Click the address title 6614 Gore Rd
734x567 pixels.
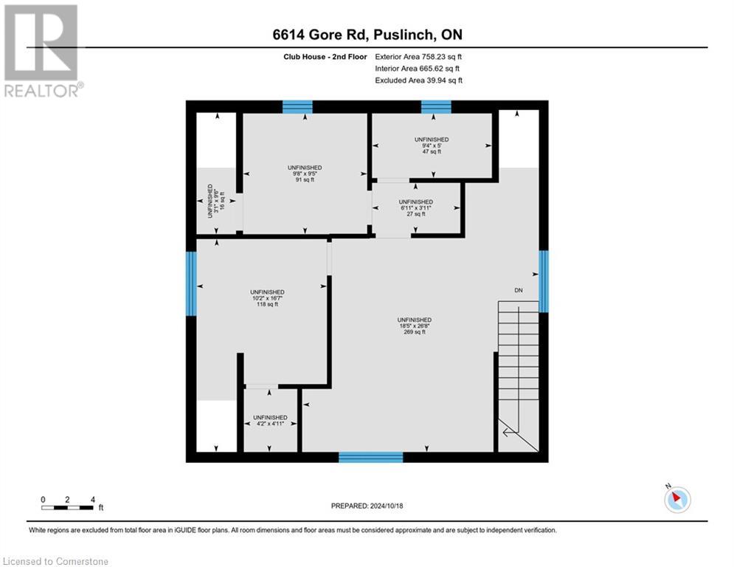pos(367,35)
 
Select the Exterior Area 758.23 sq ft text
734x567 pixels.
pos(418,57)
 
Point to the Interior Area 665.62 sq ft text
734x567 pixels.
pos(418,69)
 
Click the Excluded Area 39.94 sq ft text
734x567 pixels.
pos(418,80)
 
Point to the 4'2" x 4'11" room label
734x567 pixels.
pos(270,421)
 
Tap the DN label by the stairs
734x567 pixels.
pos(519,291)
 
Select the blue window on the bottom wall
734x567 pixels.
pos(371,457)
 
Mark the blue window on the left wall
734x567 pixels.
pos(191,283)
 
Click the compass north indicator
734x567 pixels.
pos(676,499)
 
